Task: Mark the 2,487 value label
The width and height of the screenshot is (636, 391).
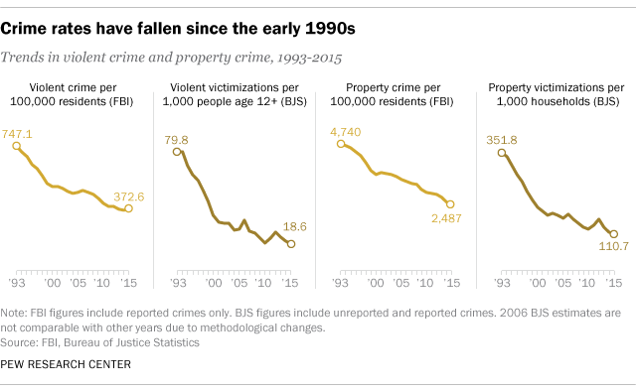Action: click(x=445, y=218)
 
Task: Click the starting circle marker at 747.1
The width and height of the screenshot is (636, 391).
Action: click(x=17, y=146)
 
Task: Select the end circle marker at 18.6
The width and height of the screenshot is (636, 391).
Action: click(x=290, y=243)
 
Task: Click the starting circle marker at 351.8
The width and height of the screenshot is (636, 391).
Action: click(x=489, y=151)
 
